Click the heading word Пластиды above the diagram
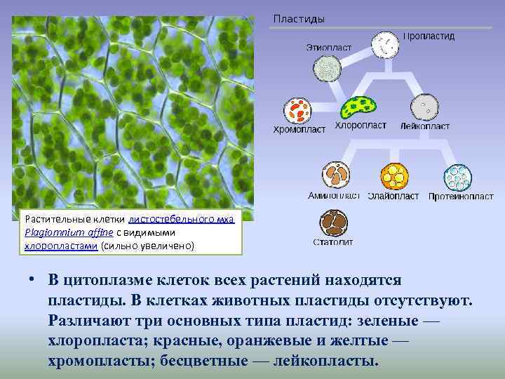pos(299,19)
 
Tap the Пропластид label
pos(429,36)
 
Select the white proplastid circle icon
pos(385,46)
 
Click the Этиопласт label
pos(328,47)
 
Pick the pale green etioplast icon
pos(328,69)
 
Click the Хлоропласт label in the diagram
pos(361,126)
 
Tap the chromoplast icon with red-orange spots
pos(298,111)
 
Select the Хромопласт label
pos(299,129)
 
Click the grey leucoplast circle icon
pos(425,108)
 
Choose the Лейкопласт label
pos(425,126)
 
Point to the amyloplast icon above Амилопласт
pos(336,175)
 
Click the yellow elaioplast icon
pos(393,176)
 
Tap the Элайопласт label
pos(393,196)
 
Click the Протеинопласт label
pos(461,197)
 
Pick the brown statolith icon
pos(334,224)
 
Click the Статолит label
pos(333,243)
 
